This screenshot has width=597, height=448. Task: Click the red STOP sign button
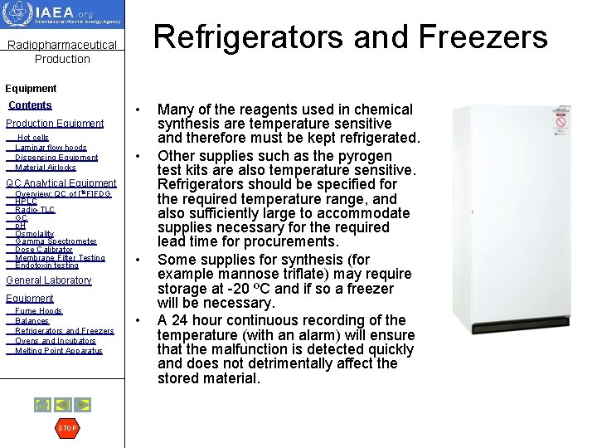[66, 428]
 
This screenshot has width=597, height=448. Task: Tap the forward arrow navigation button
[83, 405]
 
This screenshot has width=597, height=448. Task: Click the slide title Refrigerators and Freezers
[351, 37]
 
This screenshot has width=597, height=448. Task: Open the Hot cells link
[33, 138]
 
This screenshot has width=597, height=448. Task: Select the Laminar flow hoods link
[51, 148]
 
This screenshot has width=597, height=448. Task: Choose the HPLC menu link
[26, 202]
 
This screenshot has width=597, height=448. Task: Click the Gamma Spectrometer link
[56, 241]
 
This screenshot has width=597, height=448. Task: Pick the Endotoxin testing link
[46, 265]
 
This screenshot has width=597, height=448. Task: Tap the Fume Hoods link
[38, 311]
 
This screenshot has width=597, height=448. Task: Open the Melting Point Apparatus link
[59, 351]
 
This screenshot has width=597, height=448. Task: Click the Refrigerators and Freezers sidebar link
[65, 331]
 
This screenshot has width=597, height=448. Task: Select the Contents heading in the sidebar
[30, 105]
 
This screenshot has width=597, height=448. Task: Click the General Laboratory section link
[49, 280]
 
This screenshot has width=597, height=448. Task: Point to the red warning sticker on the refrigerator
[561, 123]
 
